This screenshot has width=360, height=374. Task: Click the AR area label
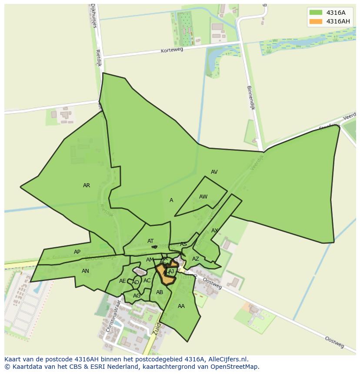[87, 185]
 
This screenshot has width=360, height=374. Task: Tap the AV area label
[214, 172]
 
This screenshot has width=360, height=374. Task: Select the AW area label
[203, 197]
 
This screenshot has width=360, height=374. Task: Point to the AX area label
[214, 231]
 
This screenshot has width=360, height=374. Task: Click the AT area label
[150, 241]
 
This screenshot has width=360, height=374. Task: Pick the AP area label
[77, 252]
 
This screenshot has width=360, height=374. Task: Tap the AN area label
[85, 271]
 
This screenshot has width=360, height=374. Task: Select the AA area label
[181, 306]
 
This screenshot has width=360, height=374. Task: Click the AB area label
[160, 292]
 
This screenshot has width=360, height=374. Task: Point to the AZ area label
[196, 259]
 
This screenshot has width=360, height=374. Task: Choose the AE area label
[122, 281]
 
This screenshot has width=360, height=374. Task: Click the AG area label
[137, 296]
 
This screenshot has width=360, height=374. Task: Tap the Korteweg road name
[172, 50]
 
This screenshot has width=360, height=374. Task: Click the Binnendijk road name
[250, 97]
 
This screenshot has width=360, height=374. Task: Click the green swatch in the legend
[316, 12]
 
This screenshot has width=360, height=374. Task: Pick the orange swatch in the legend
[316, 21]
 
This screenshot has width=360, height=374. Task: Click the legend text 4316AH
[338, 21]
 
